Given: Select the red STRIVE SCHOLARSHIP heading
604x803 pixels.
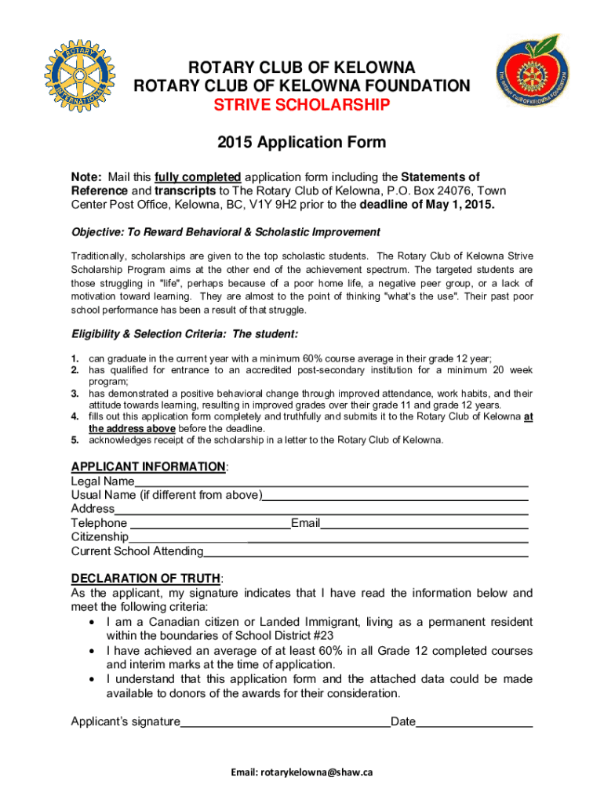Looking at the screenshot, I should point(302,106).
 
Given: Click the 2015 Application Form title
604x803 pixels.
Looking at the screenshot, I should point(302,143).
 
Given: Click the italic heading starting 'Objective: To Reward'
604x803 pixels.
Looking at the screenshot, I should point(226,232).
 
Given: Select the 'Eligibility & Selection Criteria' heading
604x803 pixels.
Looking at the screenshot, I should point(184,334).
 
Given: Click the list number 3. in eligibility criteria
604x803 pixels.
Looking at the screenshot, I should point(76,393).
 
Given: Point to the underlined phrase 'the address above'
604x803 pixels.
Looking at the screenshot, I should point(132,429).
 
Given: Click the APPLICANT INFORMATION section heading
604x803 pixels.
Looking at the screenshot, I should point(148,467).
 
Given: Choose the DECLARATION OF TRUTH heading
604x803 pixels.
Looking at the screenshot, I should point(146,579).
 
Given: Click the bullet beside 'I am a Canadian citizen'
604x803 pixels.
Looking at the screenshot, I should point(93,622).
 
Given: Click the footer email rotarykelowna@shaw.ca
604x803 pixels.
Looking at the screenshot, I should point(302,772).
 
